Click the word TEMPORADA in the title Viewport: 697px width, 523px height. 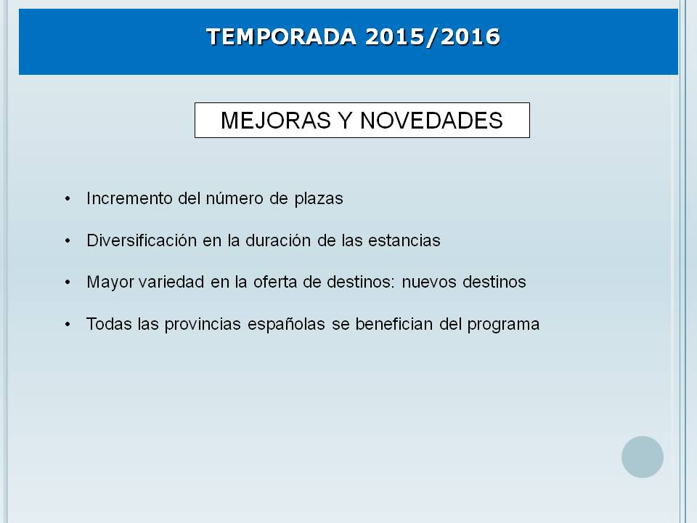pyautogui.click(x=282, y=36)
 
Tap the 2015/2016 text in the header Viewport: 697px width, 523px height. pyautogui.click(x=433, y=36)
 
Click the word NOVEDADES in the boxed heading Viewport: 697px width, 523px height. pyautogui.click(x=431, y=121)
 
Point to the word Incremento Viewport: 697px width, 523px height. pyautogui.click(x=129, y=198)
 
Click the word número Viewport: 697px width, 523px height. pyautogui.click(x=235, y=198)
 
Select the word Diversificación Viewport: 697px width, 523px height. pyautogui.click(x=142, y=240)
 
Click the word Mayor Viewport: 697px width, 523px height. pyautogui.click(x=110, y=283)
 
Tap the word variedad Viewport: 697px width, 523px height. pyautogui.click(x=171, y=282)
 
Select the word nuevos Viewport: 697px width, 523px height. pyautogui.click(x=429, y=283)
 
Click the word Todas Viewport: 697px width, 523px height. pyautogui.click(x=109, y=324)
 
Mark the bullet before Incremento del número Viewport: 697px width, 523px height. pyautogui.click(x=68, y=199)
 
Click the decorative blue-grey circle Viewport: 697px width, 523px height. pyautogui.click(x=643, y=457)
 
